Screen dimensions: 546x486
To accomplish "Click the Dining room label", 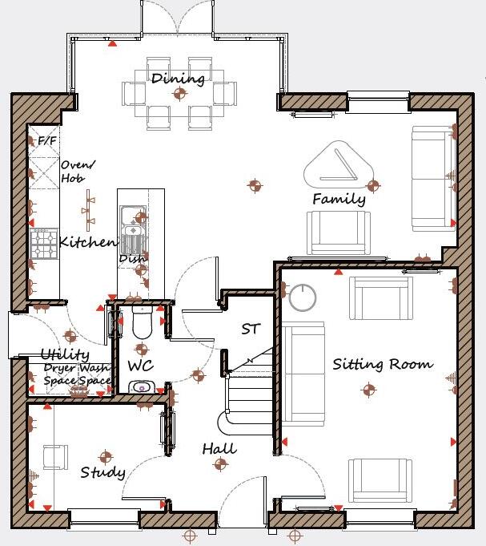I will pos(178,79).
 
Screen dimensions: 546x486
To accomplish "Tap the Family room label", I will pos(339,199).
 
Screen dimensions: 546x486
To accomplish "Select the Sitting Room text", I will pos(383,364).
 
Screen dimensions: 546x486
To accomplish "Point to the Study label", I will pos(102,472).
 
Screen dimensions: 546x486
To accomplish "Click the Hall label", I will pos(219,448).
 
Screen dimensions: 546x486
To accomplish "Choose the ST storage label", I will pos(251,329).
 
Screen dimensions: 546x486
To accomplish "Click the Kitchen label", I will pos(88,241).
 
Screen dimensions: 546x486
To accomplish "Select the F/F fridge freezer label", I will pos(47,141).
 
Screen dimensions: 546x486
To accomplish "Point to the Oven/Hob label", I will pos(78,172).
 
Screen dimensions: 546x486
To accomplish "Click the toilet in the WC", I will pos(142,322).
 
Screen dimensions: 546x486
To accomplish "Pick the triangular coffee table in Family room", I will pos(338,164).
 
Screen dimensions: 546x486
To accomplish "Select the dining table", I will pos(179,93).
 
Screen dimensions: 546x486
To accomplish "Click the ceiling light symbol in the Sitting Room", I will pos(368,390).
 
